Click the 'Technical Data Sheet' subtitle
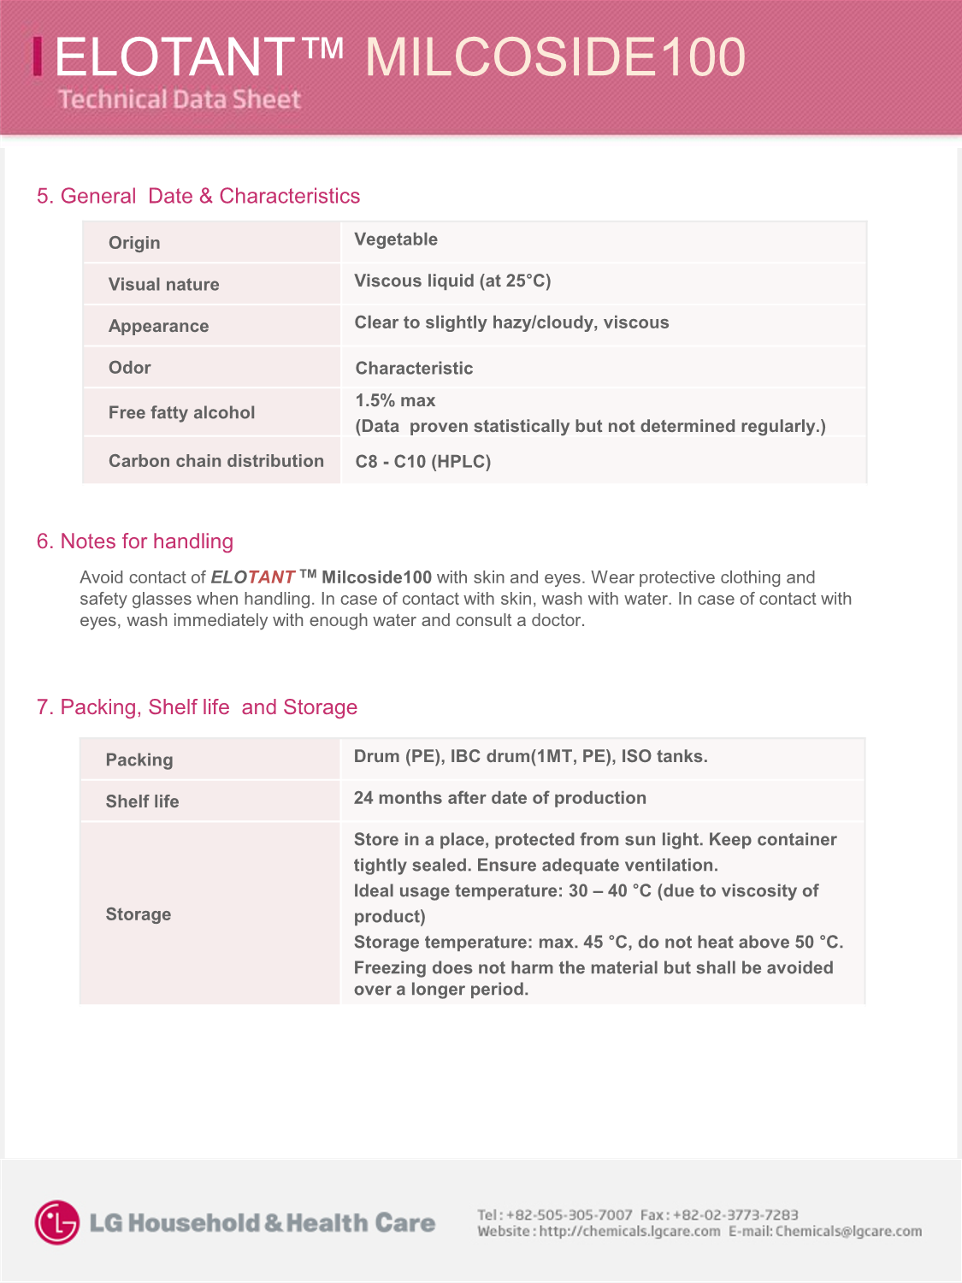(180, 99)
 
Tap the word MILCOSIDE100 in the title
(555, 57)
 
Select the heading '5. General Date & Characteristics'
(198, 196)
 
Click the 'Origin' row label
(134, 243)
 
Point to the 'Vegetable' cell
(396, 239)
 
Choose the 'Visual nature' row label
(163, 285)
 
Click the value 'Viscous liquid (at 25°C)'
(452, 281)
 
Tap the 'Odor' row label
(130, 368)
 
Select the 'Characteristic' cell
(414, 369)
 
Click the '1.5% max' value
(395, 400)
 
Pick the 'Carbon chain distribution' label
(216, 461)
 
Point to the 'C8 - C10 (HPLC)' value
(423, 462)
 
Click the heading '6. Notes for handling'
(135, 541)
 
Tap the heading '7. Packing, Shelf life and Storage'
(197, 707)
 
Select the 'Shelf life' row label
(142, 801)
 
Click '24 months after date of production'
(500, 798)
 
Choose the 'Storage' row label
(139, 914)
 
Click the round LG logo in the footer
(57, 1222)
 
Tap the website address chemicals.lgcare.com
(629, 1232)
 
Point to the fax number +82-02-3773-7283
(735, 1215)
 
